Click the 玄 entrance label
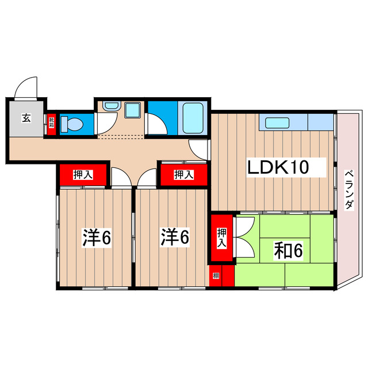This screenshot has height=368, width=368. (26, 119)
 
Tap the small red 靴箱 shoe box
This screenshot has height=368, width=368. (51, 124)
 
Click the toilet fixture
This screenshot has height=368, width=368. (72, 124)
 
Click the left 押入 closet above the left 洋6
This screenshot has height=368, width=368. (83, 174)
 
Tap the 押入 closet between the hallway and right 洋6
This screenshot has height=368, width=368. (183, 174)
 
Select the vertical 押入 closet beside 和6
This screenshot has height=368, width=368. (221, 237)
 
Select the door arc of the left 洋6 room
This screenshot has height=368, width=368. (121, 177)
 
